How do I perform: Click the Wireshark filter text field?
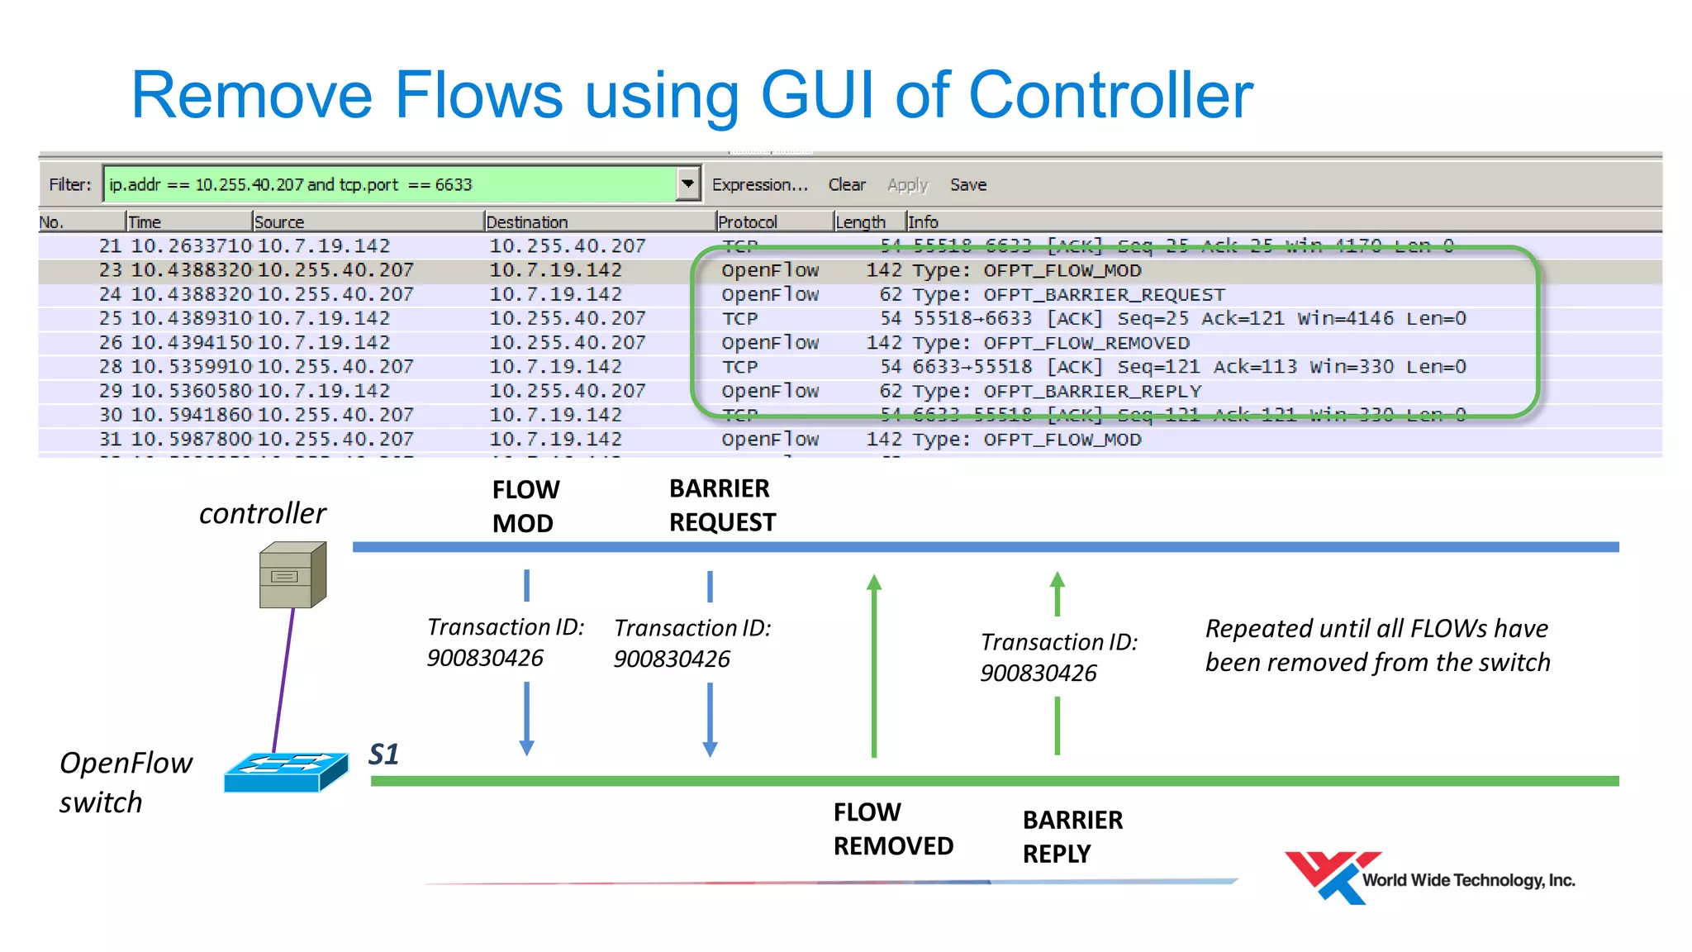point(388,184)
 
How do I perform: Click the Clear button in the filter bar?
point(847,184)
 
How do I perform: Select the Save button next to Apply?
point(967,184)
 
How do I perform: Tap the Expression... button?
point(759,184)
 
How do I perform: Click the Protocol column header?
point(748,221)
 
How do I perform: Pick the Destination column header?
point(526,221)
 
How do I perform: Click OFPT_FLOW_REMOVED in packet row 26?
point(1086,343)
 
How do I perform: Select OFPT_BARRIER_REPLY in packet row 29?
point(1092,391)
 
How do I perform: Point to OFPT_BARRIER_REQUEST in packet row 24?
point(1104,294)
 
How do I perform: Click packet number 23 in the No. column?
point(110,270)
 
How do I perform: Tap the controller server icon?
point(293,574)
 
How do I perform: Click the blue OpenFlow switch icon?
point(286,772)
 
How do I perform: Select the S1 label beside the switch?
point(383,754)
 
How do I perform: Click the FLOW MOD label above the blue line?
point(525,506)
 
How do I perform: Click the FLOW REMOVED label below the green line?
point(892,829)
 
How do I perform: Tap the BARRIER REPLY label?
point(1072,836)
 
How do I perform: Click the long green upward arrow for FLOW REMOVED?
point(874,666)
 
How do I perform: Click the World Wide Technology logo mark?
point(1329,877)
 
